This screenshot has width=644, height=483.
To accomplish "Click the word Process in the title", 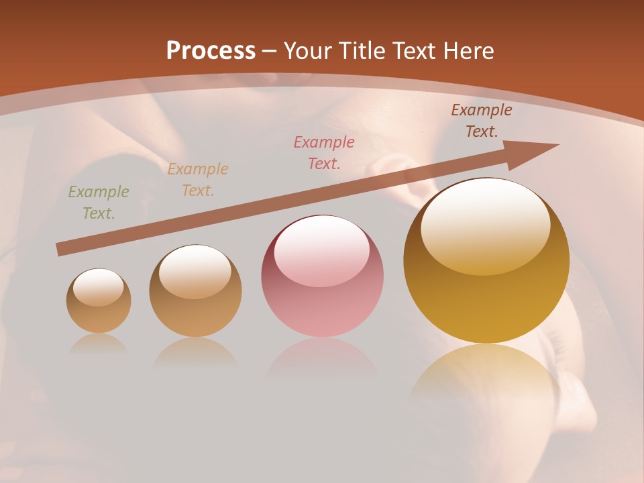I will pos(211,51).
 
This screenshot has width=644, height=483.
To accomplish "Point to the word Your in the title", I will pos(308,51).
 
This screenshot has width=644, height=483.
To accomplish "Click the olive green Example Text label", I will pos(99,203).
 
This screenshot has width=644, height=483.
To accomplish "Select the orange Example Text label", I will pos(198,180).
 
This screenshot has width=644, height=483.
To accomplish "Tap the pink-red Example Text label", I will pos(324,152).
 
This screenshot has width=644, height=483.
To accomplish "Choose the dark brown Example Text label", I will pos(482,121).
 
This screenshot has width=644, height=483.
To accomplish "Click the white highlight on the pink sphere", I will pos(322,248).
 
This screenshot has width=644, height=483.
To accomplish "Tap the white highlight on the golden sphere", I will pos(486,225).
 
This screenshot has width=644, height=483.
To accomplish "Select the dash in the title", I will pos(270,51).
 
